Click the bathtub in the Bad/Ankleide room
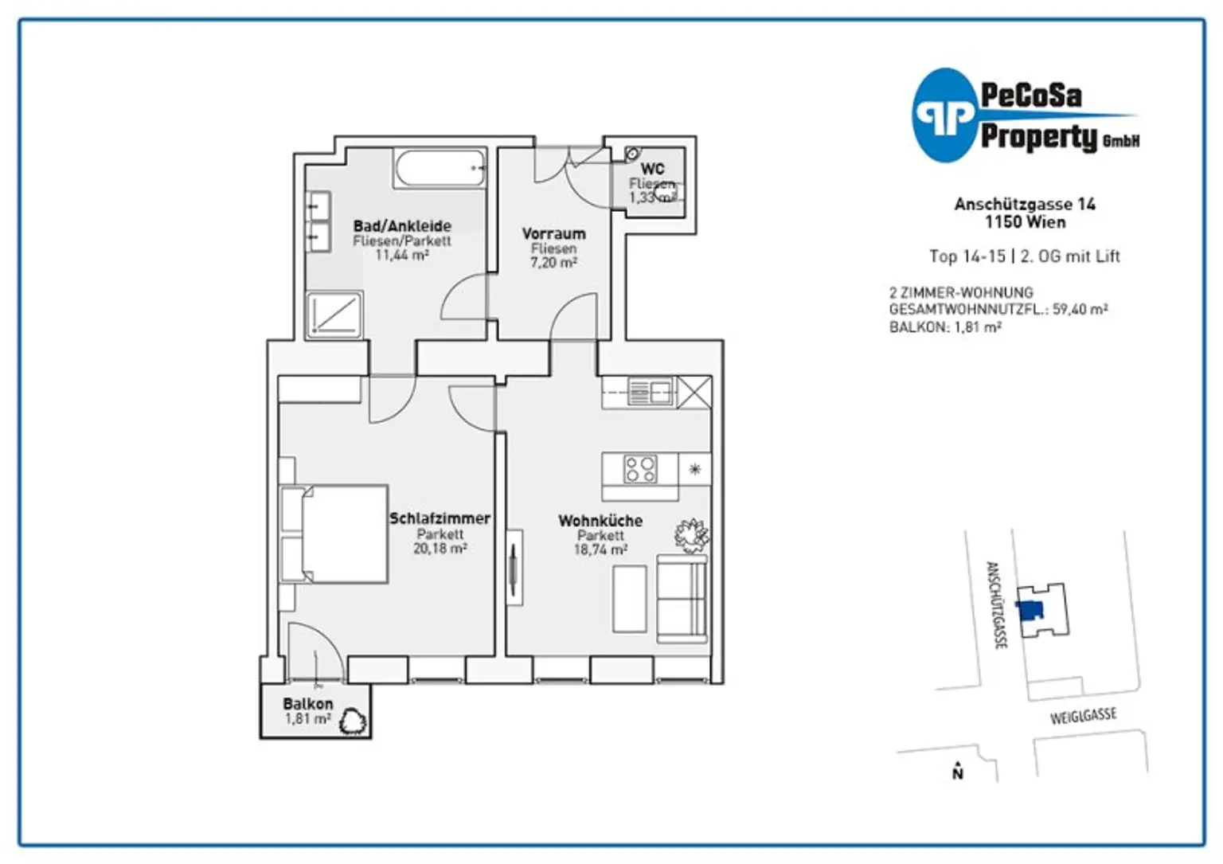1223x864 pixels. (440, 168)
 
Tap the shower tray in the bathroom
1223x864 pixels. (334, 315)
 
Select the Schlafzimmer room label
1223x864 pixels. (440, 518)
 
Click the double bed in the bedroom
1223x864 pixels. (334, 534)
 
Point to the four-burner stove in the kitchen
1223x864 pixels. (640, 469)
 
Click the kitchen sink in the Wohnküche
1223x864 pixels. (650, 391)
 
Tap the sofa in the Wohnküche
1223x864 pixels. (682, 598)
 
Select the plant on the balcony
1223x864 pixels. (353, 721)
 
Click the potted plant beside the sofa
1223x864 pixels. (692, 535)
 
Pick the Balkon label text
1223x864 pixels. (308, 704)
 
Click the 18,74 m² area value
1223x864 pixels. (600, 550)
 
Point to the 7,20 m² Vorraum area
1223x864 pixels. (553, 263)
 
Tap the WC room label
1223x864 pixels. (652, 169)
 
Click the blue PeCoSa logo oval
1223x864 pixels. (944, 115)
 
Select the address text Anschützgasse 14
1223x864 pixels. (1025, 205)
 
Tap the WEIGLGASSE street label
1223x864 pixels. (1083, 716)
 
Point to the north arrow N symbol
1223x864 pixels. (958, 771)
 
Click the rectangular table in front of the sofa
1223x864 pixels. (630, 599)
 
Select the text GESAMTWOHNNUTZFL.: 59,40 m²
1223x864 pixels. (998, 310)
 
